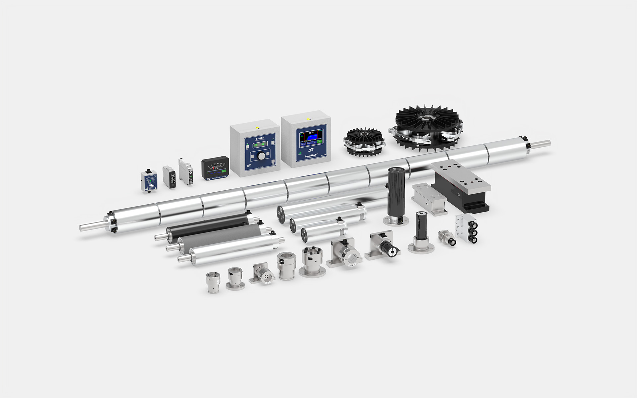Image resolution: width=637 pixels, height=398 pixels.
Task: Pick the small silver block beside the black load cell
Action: tap(429, 199)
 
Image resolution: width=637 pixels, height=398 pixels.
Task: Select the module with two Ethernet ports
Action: tap(169, 177)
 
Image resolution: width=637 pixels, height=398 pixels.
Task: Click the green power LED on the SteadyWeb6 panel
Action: tap(300, 154)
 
